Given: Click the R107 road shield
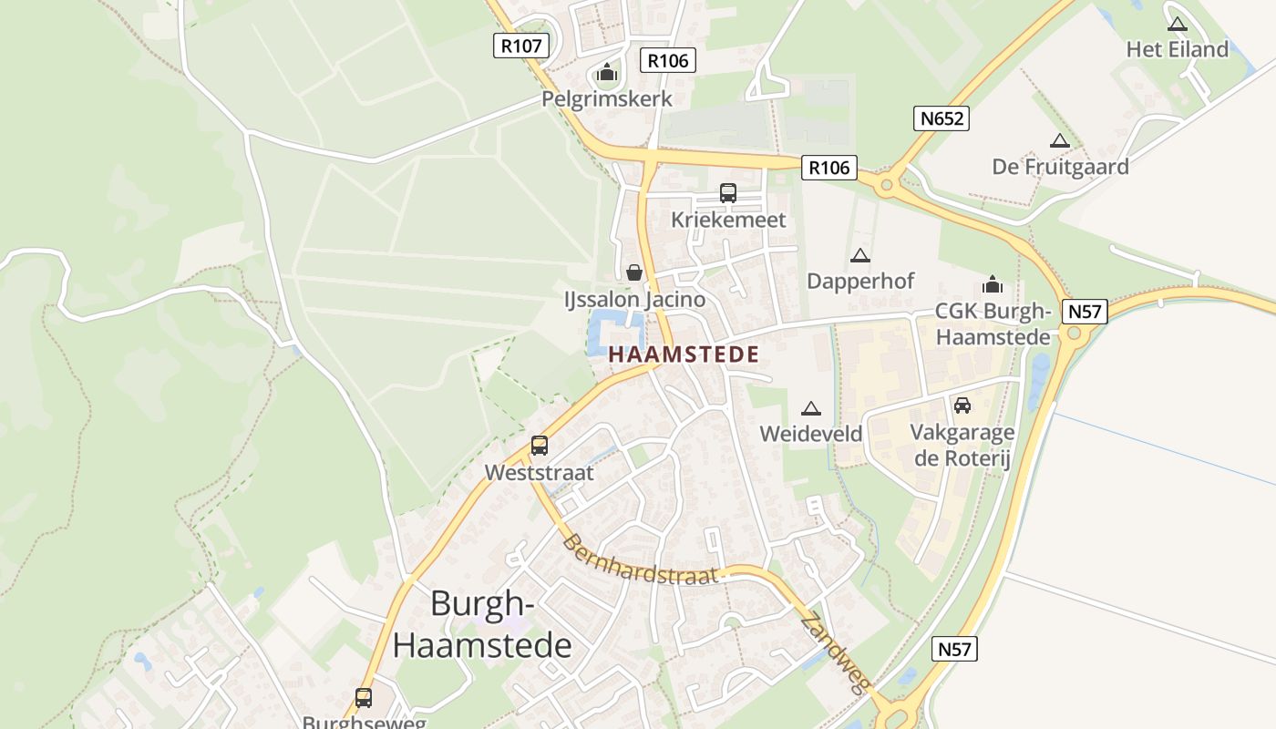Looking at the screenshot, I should [x=521, y=45].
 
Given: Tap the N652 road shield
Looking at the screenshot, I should [x=941, y=118].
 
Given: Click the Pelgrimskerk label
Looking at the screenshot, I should [x=607, y=98].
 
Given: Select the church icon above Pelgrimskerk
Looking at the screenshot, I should [x=607, y=73].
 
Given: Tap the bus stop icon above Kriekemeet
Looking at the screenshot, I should [x=727, y=193].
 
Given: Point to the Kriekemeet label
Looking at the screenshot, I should [x=727, y=220].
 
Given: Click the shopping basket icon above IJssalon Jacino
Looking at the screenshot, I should [x=634, y=272].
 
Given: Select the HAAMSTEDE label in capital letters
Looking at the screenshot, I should [x=684, y=354].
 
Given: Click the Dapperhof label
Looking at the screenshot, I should [x=859, y=281].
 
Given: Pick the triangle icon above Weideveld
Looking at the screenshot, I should [x=810, y=409].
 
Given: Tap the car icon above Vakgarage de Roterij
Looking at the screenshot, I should [x=962, y=406].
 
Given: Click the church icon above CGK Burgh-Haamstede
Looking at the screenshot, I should [x=993, y=285].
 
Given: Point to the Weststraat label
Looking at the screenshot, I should [x=539, y=472].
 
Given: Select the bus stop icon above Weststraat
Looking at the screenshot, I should [x=540, y=446].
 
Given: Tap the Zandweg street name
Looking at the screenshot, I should [x=834, y=654].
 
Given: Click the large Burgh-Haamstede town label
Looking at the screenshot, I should [x=482, y=624].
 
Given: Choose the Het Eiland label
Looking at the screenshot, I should [x=1177, y=49].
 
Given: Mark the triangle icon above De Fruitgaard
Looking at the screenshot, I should [x=1059, y=141].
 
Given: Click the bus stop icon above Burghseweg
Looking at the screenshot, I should [x=364, y=698].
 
